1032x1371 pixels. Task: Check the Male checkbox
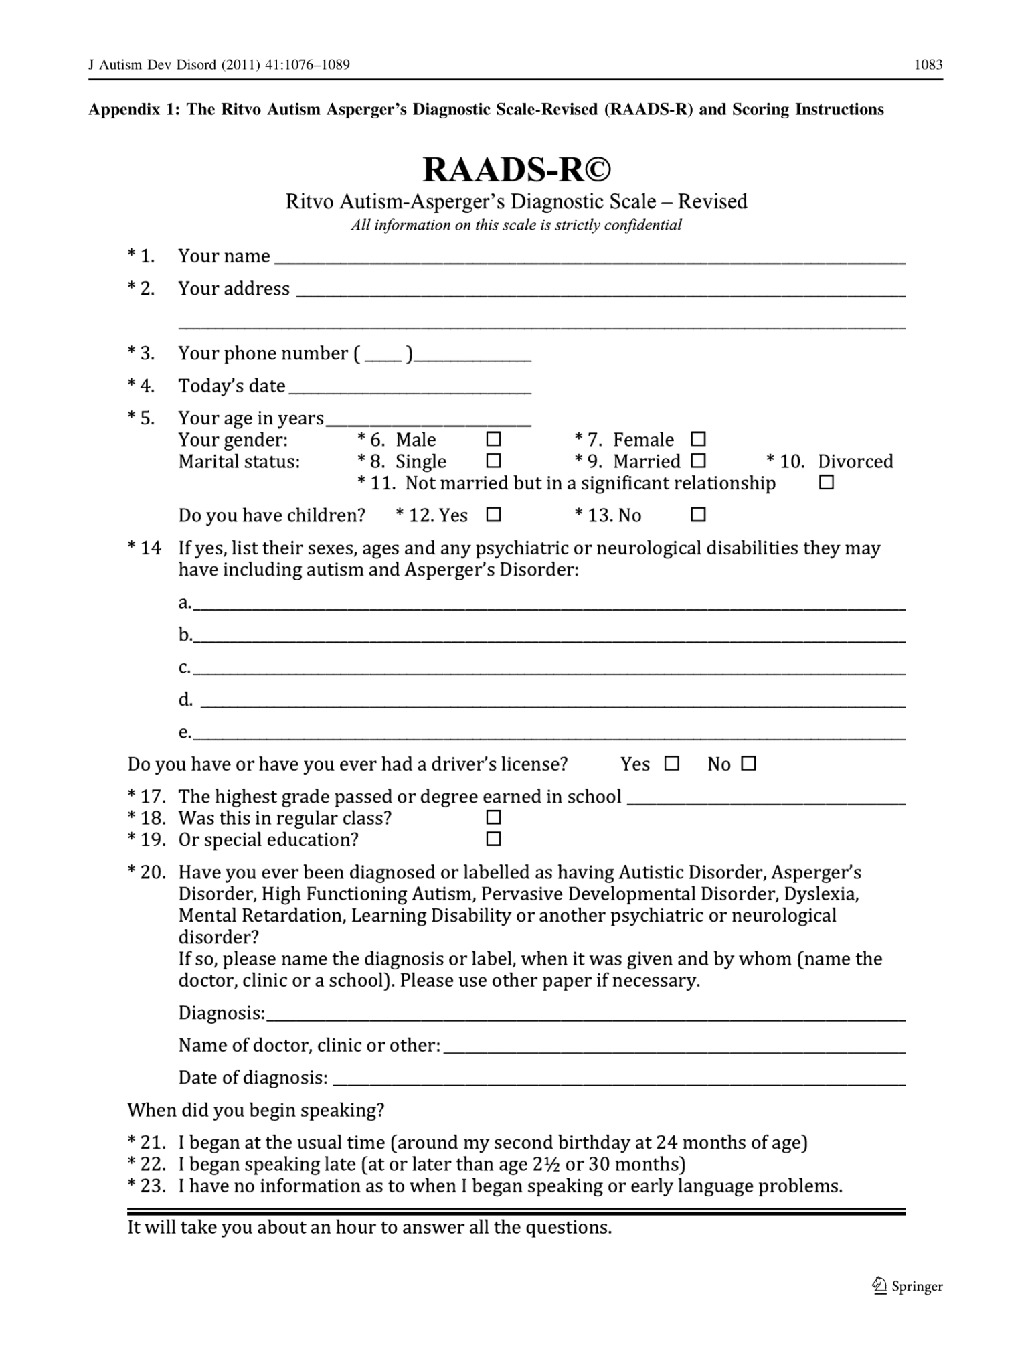click(x=493, y=439)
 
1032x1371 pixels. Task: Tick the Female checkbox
click(x=698, y=439)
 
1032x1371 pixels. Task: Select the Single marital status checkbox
click(x=493, y=461)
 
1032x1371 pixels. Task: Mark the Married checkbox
click(x=698, y=461)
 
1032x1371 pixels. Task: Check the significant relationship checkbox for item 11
click(x=827, y=482)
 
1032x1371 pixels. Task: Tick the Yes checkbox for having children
click(x=493, y=515)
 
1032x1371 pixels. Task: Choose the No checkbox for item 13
click(x=698, y=515)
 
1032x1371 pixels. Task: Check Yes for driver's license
click(x=671, y=763)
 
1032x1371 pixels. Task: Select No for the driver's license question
click(x=749, y=763)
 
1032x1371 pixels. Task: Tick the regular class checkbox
click(x=493, y=817)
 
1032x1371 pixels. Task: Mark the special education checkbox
click(x=493, y=839)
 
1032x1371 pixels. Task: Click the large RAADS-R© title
click(x=516, y=169)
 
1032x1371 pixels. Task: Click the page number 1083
click(x=928, y=65)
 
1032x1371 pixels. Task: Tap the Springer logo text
click(x=916, y=1286)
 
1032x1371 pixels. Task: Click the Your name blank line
click(x=589, y=260)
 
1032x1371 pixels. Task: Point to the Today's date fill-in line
click(x=410, y=389)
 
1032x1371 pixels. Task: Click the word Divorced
click(x=855, y=461)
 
